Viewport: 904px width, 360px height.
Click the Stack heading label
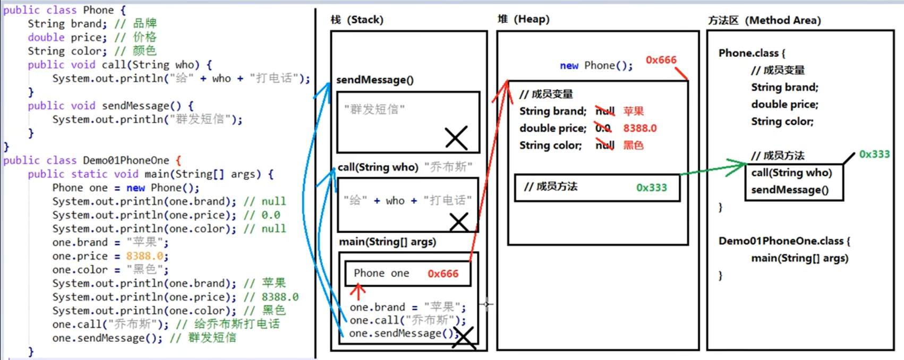tap(356, 20)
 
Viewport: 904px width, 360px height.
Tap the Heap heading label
tap(523, 19)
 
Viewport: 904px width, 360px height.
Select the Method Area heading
tap(764, 20)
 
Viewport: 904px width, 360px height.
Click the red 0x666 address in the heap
tap(661, 60)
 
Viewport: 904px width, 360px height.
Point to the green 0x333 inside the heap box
tap(651, 187)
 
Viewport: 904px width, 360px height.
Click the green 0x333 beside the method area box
tap(874, 154)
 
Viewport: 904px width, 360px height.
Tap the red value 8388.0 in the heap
tap(639, 128)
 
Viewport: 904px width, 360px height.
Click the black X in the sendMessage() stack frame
tap(456, 138)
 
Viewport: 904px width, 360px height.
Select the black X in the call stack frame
tap(459, 222)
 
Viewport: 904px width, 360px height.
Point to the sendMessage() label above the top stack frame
tap(374, 80)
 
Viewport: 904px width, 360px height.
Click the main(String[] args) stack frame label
tap(387, 242)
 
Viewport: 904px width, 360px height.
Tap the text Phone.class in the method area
tap(748, 53)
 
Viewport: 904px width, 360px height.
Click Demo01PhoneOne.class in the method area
tap(781, 241)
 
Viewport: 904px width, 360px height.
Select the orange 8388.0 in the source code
tap(145, 256)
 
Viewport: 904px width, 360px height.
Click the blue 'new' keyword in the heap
tap(569, 65)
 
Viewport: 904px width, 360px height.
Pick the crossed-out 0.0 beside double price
tap(603, 128)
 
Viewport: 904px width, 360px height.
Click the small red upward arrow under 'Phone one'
tap(358, 292)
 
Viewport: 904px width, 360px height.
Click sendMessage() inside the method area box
tap(789, 190)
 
